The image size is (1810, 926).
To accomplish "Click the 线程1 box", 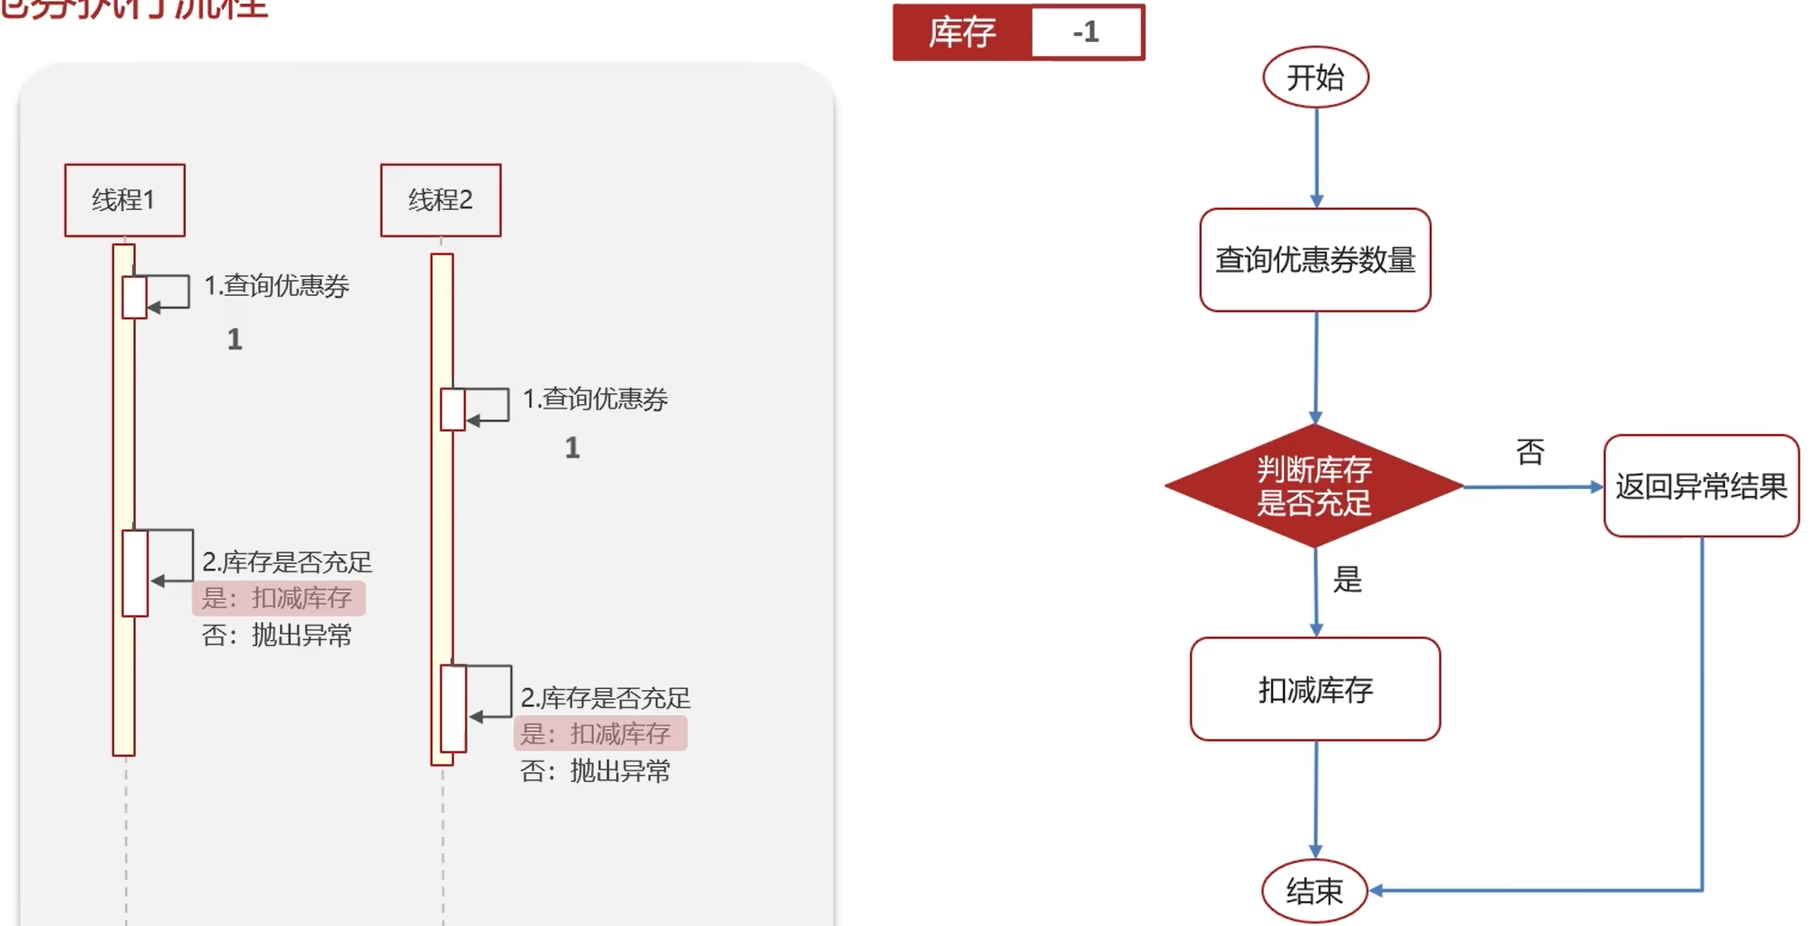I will (x=124, y=200).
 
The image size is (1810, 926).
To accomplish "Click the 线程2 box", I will (x=440, y=200).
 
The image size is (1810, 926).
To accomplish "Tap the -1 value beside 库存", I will (x=1087, y=33).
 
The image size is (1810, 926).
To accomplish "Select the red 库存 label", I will (x=962, y=33).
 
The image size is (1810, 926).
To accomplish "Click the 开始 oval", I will (x=1315, y=78).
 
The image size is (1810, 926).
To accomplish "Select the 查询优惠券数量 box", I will (x=1315, y=260).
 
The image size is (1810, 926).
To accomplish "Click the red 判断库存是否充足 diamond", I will (x=1314, y=486).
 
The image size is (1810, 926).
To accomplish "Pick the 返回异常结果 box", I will (x=1700, y=486).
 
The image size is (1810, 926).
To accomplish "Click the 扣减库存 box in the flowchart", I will (x=1315, y=689).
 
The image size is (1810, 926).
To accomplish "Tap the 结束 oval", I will (x=1314, y=890).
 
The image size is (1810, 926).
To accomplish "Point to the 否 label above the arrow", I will (x=1530, y=452).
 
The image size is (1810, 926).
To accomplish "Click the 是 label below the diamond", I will (x=1348, y=580).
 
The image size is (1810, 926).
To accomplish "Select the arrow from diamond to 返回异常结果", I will (x=1531, y=487).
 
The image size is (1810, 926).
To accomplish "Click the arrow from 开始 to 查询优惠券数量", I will (x=1316, y=156).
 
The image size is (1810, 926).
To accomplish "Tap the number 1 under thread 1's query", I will (x=234, y=340).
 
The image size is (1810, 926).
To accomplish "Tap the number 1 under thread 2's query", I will (x=572, y=448).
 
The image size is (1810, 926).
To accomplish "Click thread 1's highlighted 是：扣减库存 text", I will (x=278, y=598).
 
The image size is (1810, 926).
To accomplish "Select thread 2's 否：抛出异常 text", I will (x=596, y=770).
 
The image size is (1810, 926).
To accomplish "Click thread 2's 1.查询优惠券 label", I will (x=596, y=399).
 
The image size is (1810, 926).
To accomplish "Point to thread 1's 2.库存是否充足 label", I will (x=287, y=562).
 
